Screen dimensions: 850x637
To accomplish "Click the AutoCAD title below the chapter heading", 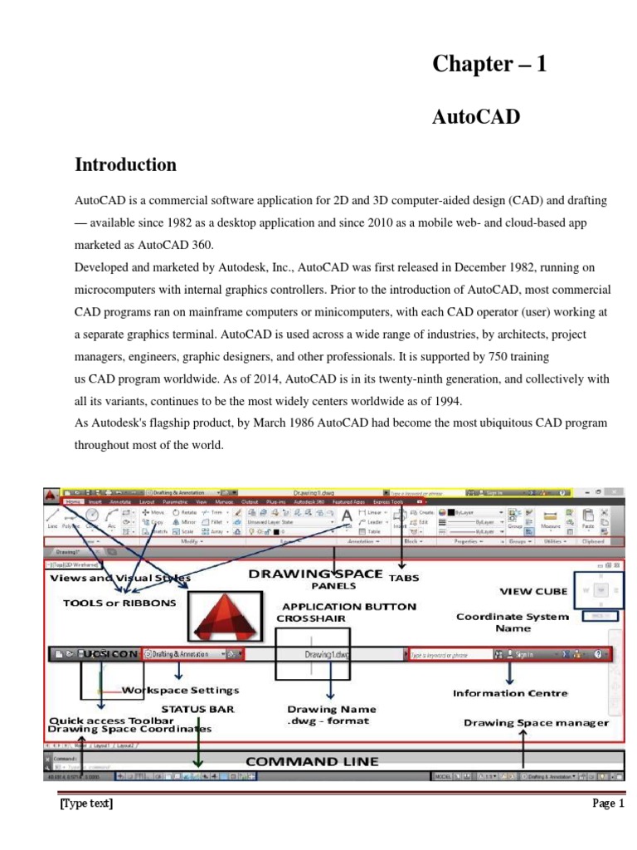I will [475, 117].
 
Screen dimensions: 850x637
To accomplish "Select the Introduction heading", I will [125, 164].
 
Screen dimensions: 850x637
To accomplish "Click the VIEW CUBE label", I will [532, 591].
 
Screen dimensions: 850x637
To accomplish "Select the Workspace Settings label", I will [180, 690].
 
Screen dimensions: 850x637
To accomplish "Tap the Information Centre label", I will [510, 692].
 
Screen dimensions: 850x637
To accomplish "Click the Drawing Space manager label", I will [536, 723].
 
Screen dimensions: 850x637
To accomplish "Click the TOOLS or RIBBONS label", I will [119, 603].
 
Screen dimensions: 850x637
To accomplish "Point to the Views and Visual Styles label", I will [120, 578].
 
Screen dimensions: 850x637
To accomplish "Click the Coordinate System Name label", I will [513, 622].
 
